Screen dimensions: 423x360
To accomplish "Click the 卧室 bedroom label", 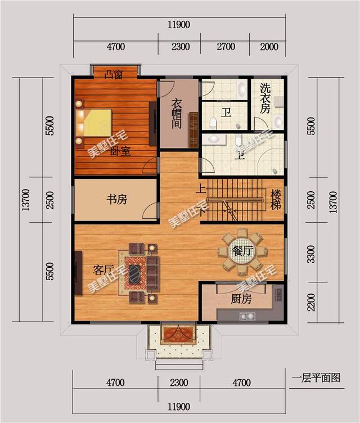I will [120, 151].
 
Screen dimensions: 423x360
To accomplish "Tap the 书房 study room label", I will [116, 199].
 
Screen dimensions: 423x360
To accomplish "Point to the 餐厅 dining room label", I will [242, 251].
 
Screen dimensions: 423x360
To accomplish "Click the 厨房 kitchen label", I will [241, 299].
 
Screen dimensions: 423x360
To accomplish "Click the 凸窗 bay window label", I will [114, 74].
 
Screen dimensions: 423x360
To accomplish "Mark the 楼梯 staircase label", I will [276, 201].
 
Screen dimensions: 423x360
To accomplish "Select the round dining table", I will [242, 251].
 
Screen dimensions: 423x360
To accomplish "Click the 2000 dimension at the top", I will [269, 47].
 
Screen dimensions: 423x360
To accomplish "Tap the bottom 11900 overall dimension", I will [178, 407].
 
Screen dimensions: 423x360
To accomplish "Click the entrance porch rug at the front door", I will [177, 335].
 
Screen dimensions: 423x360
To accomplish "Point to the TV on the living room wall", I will [75, 273].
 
